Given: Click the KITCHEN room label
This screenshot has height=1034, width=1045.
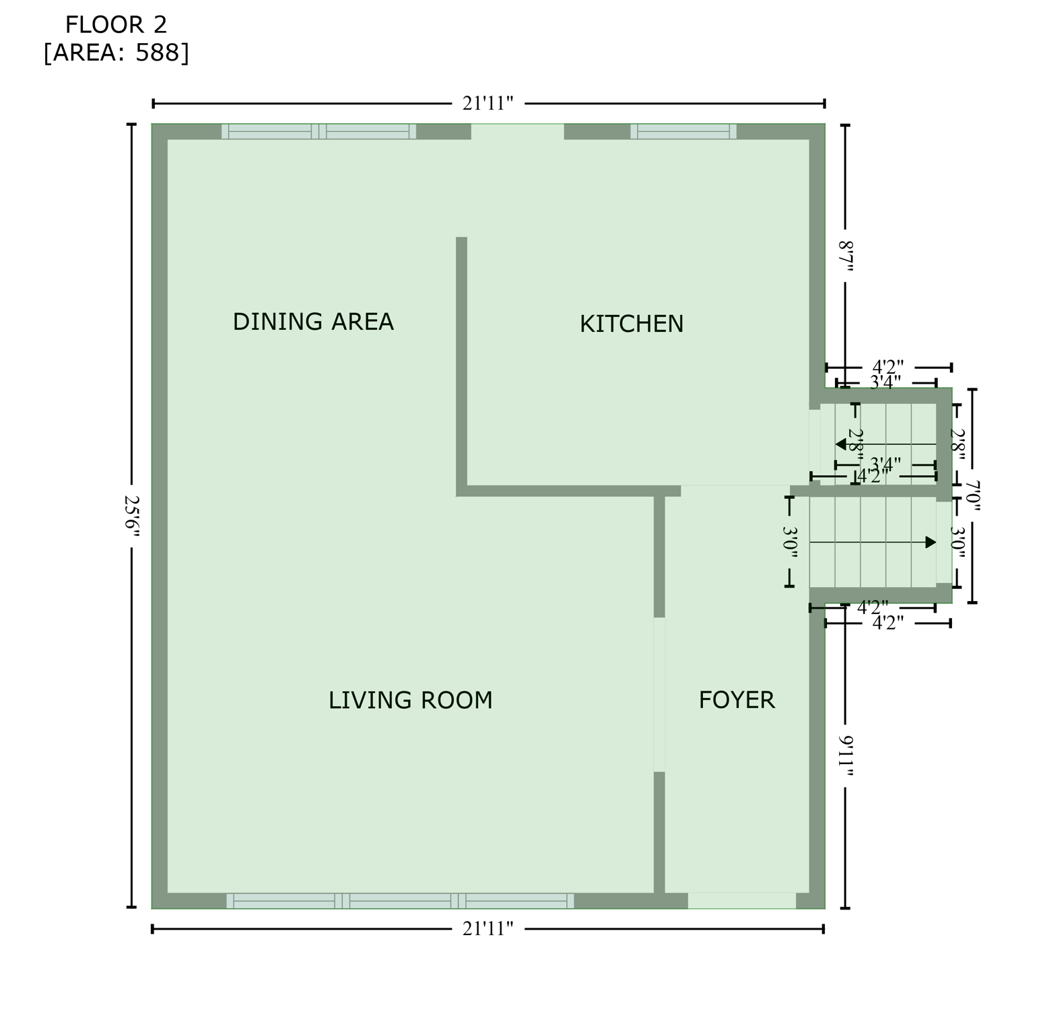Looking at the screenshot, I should (x=631, y=324).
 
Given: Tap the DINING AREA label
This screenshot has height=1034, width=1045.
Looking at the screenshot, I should (x=313, y=322).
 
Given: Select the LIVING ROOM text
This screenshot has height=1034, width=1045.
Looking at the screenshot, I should (x=410, y=701).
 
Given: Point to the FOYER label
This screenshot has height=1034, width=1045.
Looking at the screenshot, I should (x=737, y=700).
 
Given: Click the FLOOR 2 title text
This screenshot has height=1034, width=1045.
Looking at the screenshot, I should (x=116, y=25).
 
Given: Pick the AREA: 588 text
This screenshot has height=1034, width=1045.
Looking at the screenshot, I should (x=116, y=53).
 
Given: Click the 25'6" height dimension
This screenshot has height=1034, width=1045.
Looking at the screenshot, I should (x=132, y=516).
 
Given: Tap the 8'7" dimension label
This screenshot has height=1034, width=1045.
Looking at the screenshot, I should (x=846, y=256).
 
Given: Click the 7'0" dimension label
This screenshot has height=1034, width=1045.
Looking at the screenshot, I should (x=972, y=495).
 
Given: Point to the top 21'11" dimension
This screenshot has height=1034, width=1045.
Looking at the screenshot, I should (x=488, y=104).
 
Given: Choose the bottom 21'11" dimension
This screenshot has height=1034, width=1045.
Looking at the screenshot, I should (x=488, y=929).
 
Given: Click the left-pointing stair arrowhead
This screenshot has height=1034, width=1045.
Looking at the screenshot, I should (x=841, y=444).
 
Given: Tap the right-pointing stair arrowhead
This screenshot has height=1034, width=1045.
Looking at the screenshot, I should (x=931, y=543).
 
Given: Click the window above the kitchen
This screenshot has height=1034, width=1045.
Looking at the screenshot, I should (x=683, y=131).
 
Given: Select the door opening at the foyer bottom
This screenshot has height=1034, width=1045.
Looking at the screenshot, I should (x=741, y=901).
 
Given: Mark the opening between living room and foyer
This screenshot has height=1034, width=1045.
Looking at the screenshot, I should (x=659, y=694).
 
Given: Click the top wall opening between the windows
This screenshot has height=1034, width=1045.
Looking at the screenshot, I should (x=517, y=131).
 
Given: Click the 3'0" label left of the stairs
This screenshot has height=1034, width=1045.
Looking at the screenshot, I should (x=790, y=543).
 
